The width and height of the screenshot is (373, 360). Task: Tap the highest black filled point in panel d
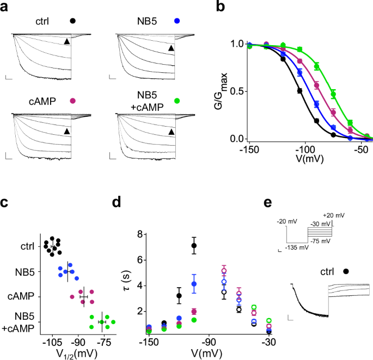[x=194, y=246]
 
